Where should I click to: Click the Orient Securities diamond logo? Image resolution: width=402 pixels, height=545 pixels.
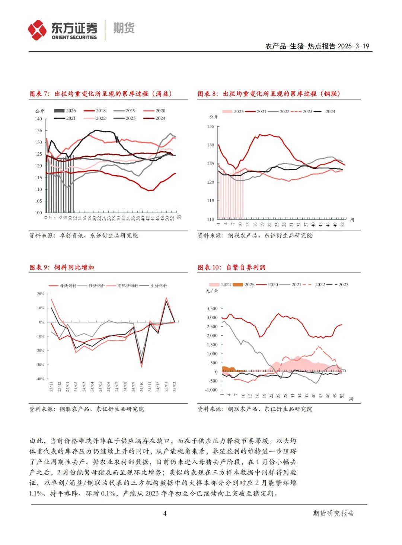[x=37, y=30]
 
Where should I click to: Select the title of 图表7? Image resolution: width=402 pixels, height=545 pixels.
[x=100, y=94]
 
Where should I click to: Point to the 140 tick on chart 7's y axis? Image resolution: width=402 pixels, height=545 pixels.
[x=38, y=119]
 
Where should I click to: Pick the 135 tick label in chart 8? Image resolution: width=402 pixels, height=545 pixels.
[x=211, y=126]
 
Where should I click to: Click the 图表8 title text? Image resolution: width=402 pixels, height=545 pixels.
[x=268, y=94]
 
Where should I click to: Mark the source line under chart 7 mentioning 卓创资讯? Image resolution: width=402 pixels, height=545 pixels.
[x=84, y=235]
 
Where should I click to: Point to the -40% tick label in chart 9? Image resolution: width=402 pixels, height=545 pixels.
[x=40, y=379]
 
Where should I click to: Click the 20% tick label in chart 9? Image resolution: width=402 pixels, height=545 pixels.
[x=41, y=294]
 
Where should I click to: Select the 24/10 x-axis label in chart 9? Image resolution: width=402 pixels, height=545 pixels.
[x=141, y=387]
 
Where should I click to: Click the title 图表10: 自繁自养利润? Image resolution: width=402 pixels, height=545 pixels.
[x=231, y=267]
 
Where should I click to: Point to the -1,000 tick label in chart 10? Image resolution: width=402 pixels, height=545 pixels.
[x=211, y=390]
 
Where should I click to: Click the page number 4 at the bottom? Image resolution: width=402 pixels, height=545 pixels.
[x=165, y=513]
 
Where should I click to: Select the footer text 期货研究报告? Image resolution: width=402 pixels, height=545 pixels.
[x=333, y=513]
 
